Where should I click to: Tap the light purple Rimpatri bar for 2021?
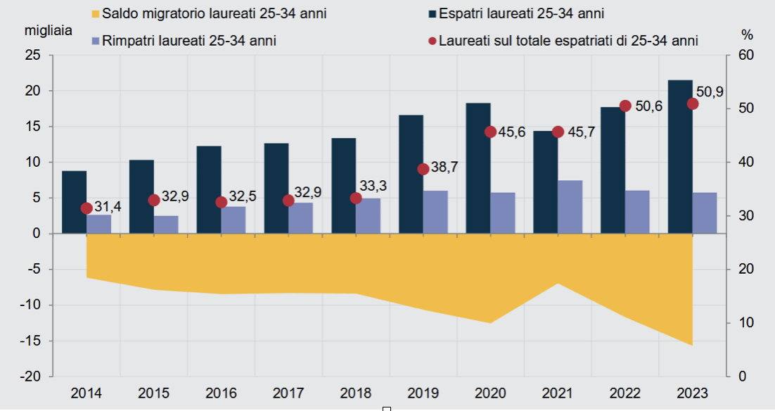[x=570, y=207]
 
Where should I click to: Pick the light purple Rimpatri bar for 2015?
[x=167, y=225]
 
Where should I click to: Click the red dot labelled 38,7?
[x=423, y=169]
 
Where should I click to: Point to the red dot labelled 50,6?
[x=625, y=106]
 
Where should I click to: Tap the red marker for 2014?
[x=87, y=208]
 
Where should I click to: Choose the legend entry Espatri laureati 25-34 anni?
[x=520, y=13]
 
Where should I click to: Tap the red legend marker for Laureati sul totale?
[x=432, y=41]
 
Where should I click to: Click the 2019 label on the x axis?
[x=423, y=393]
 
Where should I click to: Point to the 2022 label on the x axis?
[x=625, y=393]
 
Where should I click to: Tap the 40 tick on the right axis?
[x=744, y=163]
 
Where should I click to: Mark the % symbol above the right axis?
[x=747, y=34]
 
